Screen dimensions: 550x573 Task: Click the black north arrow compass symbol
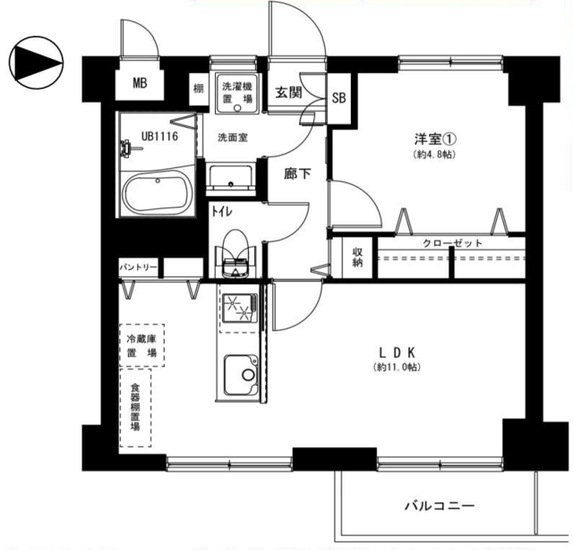pyautogui.click(x=35, y=62)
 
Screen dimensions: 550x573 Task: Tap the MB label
pyautogui.click(x=140, y=84)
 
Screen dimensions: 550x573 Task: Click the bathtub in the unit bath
pyautogui.click(x=156, y=193)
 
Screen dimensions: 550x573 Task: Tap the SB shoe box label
pyautogui.click(x=340, y=98)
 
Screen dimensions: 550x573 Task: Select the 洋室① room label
pyautogui.click(x=436, y=140)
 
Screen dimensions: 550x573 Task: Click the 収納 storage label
pyautogui.click(x=357, y=257)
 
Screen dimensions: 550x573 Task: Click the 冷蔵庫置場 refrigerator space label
pyautogui.click(x=141, y=346)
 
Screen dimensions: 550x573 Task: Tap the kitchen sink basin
pyautogui.click(x=239, y=376)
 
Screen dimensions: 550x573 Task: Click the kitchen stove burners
pyautogui.click(x=237, y=308)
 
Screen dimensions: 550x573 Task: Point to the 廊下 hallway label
pyautogui.click(x=297, y=173)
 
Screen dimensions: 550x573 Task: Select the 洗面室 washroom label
pyautogui.click(x=232, y=138)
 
